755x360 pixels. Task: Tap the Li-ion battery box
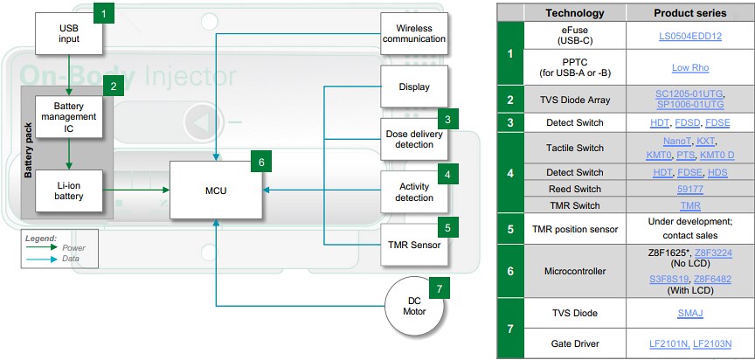69,190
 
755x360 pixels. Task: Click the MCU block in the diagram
214,190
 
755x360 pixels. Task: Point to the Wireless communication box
414,32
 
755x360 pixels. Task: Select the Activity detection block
414,191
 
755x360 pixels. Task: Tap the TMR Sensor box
414,246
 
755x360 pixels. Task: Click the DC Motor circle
415,307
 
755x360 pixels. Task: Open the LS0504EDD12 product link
689,37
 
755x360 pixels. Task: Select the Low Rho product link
689,67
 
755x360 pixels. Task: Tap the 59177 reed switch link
689,188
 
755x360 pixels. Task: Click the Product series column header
689,13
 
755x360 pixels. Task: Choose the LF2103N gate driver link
712,343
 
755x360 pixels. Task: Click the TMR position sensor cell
575,229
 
